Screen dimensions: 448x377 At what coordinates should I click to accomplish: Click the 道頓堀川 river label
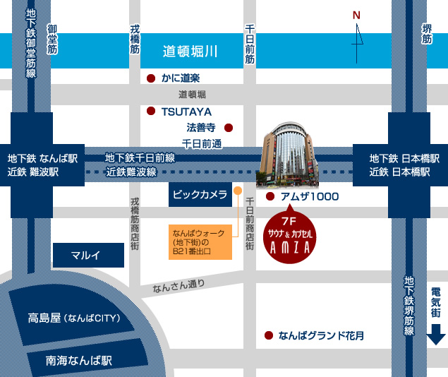pos(190,51)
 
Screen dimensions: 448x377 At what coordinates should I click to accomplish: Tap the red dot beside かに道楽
pos(150,78)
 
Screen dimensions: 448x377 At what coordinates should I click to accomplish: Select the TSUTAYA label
pos(186,112)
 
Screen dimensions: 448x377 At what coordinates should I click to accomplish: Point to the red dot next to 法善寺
pos(228,128)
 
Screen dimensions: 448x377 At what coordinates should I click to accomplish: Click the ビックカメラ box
pos(200,195)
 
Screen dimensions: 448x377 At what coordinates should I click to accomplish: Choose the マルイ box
pos(88,256)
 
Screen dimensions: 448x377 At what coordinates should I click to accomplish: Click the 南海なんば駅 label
pos(79,359)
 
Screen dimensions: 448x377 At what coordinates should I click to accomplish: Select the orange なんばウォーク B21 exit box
pos(200,242)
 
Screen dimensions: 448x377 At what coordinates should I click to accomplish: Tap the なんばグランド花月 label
pos(321,336)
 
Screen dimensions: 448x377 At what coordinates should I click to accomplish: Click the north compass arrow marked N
pos(358,40)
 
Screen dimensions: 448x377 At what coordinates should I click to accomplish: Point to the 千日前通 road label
pos(202,143)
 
